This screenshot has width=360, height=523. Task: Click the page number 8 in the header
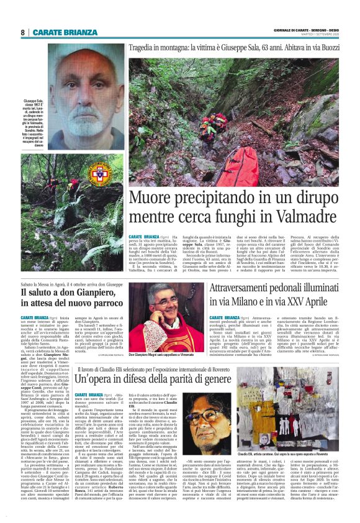[22, 32]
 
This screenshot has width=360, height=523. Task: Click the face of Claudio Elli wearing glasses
[218, 422]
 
